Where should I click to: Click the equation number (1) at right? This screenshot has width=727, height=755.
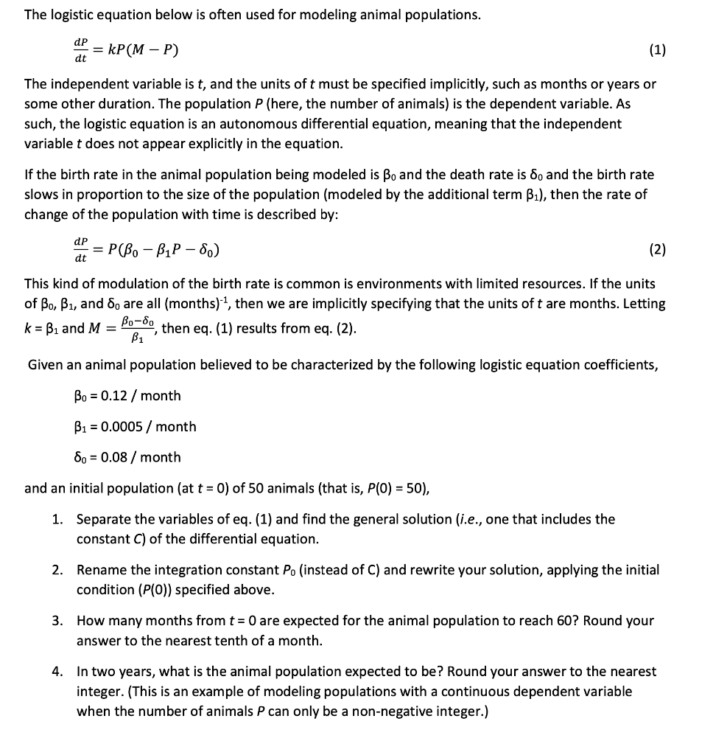point(658,50)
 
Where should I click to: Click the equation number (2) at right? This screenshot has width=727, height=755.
point(658,250)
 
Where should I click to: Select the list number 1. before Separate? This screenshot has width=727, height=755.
point(57,519)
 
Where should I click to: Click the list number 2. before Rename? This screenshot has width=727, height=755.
point(57,570)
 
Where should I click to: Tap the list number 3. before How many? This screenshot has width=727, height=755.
point(57,621)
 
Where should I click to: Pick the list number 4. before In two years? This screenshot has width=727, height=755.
point(57,672)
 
